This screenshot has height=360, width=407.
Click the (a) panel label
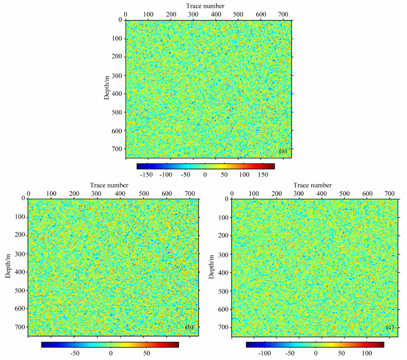[283, 151]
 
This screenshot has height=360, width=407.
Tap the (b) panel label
[189, 327]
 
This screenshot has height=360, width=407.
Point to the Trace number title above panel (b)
[109, 185]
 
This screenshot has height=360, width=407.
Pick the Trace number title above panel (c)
[313, 185]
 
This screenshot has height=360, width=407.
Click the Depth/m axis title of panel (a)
[107, 88]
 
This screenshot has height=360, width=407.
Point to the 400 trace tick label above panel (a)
[216, 14]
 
